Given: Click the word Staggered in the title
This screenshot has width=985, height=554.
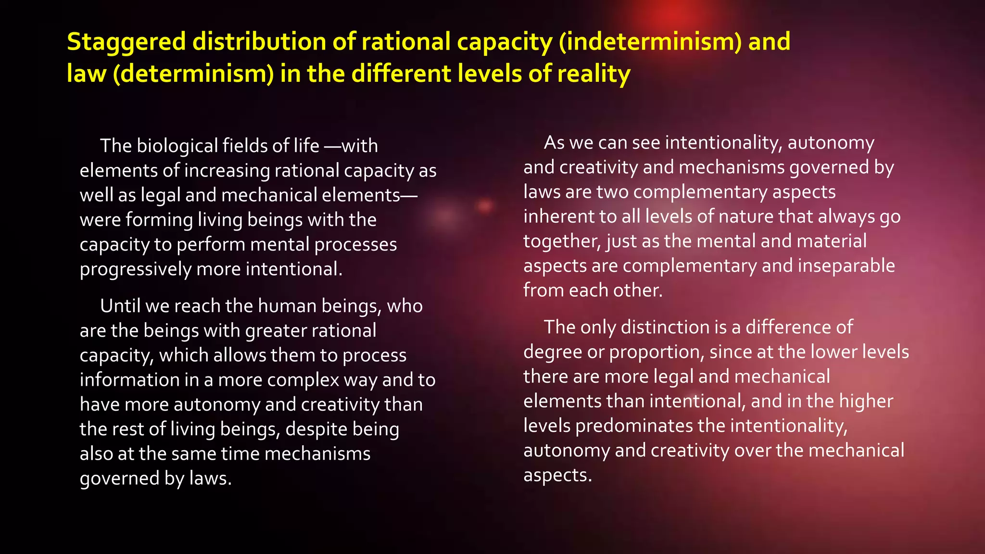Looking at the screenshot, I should point(126,42).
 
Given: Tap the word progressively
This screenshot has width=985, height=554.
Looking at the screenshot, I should point(136,269).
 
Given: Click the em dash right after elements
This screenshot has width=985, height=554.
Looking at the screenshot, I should point(409,195).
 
